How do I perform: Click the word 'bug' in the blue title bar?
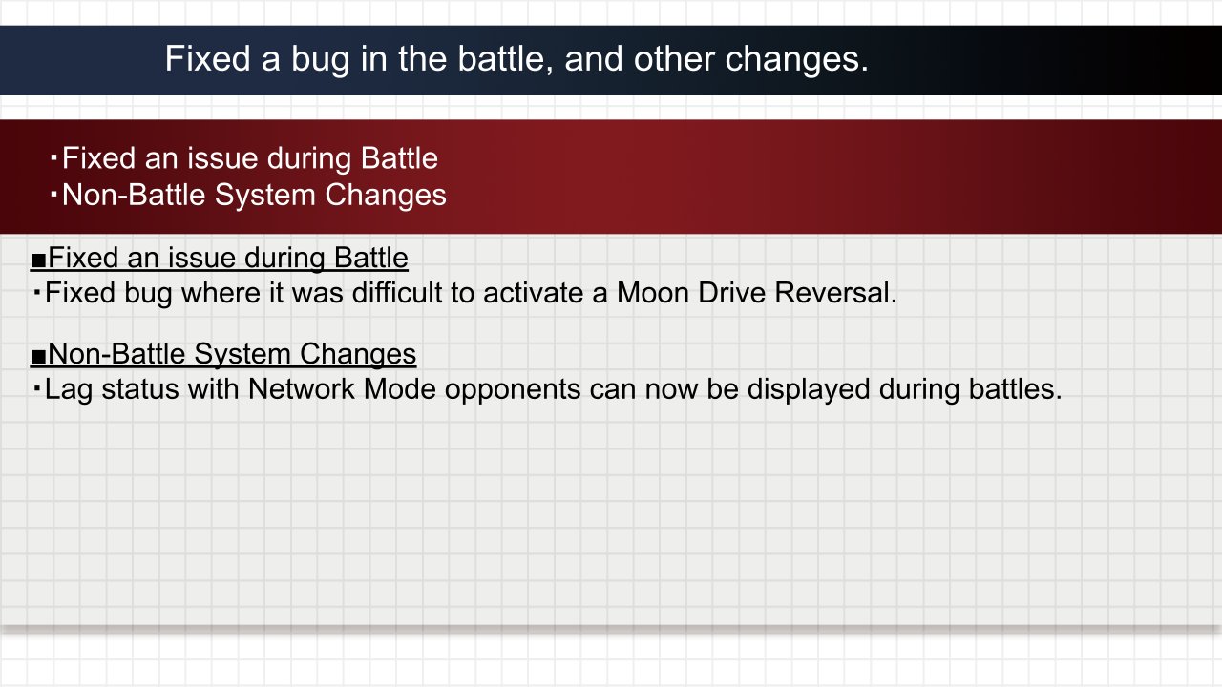click(320, 60)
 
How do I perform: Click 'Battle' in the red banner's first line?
click(399, 158)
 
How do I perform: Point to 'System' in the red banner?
click(265, 196)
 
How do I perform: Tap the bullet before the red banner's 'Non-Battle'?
click(53, 194)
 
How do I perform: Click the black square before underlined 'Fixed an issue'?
click(38, 260)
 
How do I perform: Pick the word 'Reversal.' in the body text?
click(835, 293)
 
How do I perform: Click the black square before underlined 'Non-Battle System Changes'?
click(38, 357)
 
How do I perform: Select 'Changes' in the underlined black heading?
click(357, 355)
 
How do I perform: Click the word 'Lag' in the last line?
click(68, 390)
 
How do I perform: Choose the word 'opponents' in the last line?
click(513, 390)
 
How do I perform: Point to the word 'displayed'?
click(809, 390)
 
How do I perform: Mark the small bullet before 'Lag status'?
click(36, 388)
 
